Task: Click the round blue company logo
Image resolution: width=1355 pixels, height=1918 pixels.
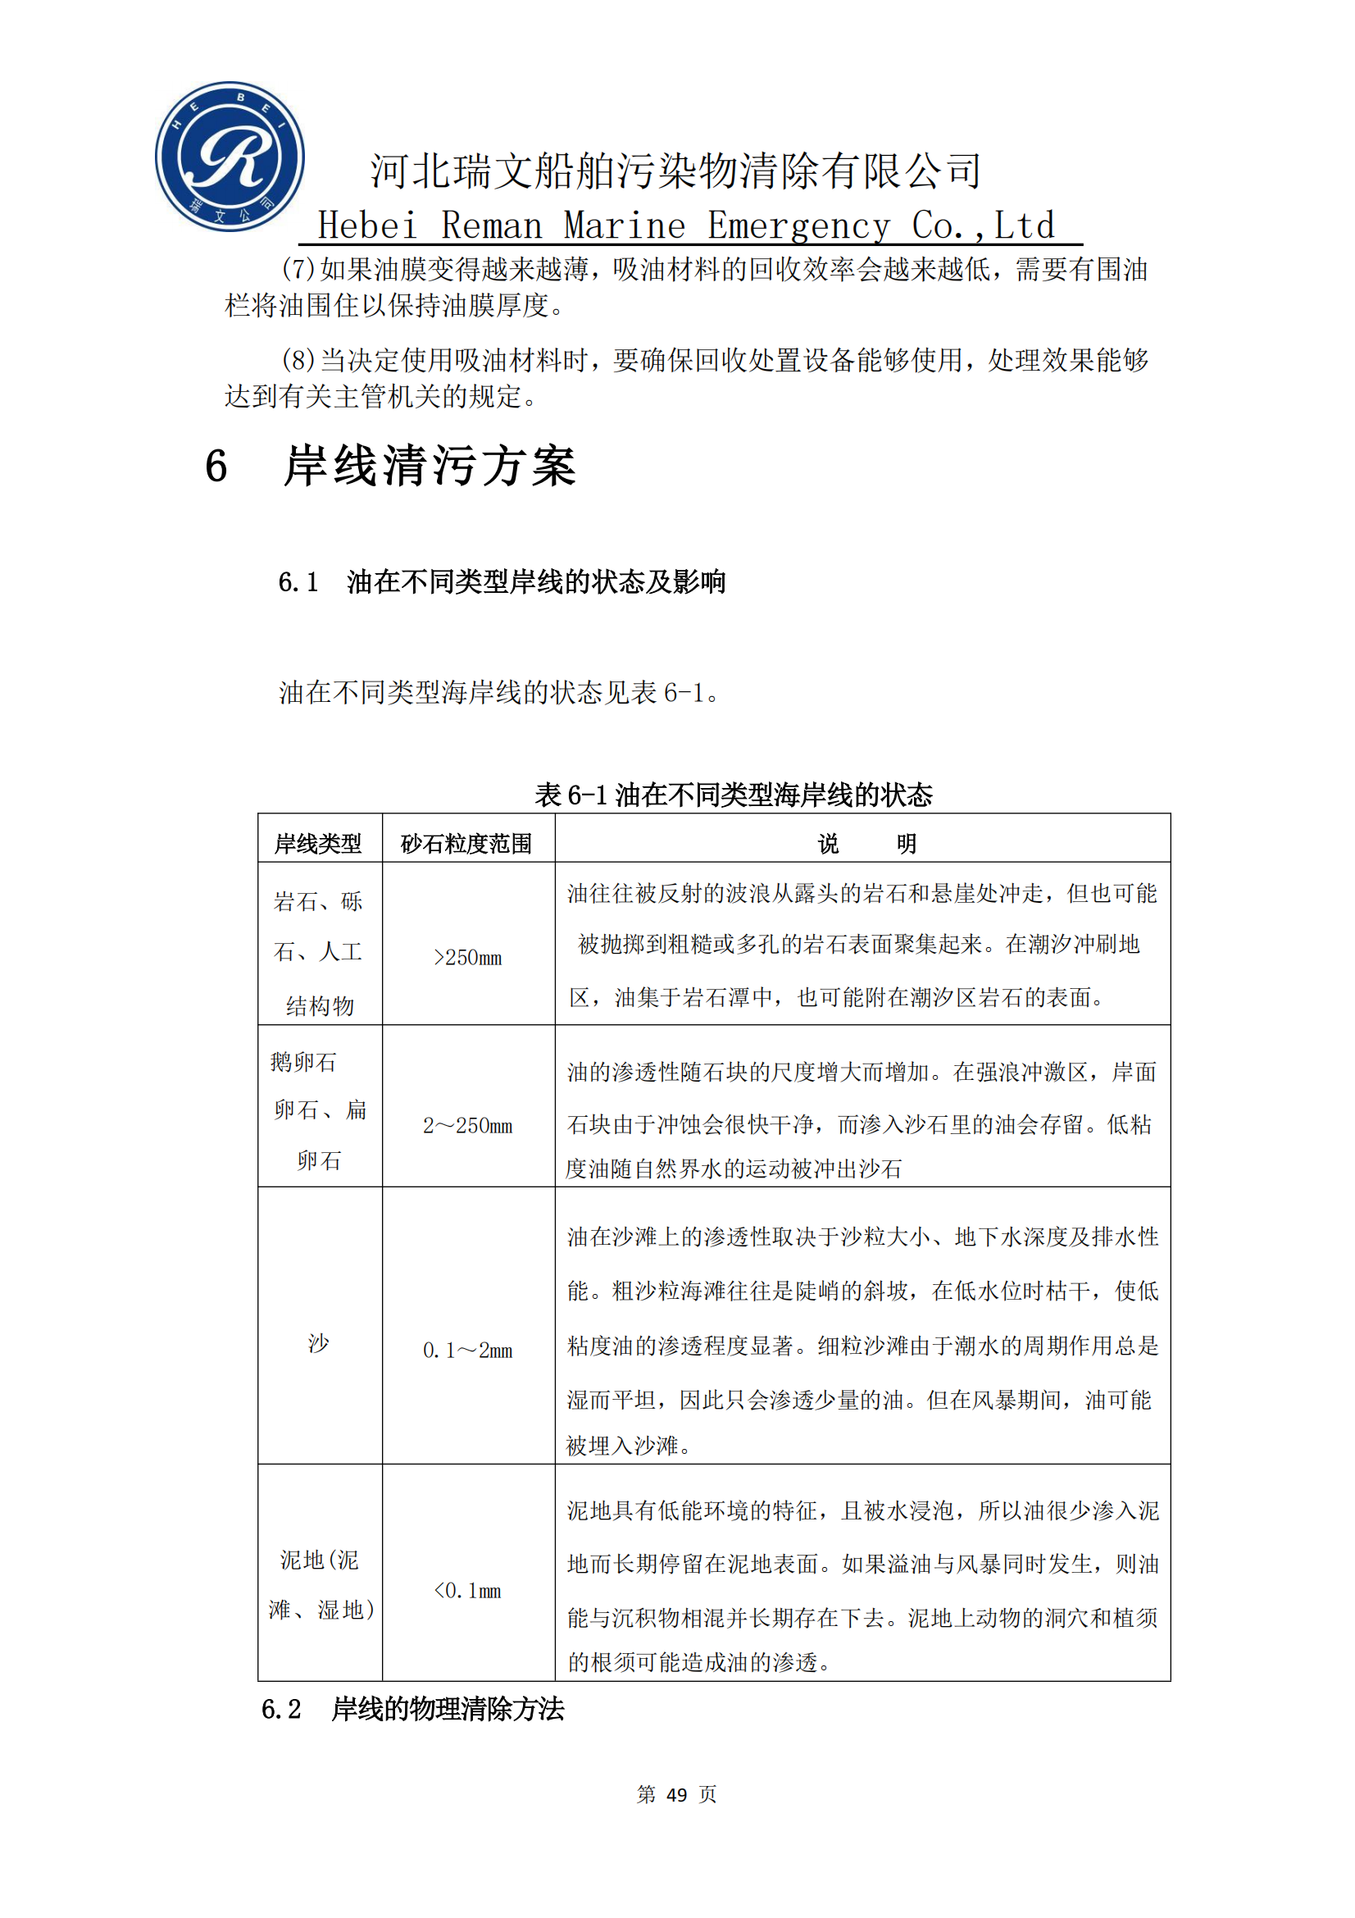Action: pyautogui.click(x=230, y=157)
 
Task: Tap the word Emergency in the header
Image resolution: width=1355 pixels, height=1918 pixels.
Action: pyautogui.click(x=798, y=226)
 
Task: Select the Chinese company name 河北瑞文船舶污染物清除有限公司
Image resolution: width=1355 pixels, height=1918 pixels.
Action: pyautogui.click(x=675, y=171)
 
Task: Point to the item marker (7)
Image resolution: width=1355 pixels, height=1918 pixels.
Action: pyautogui.click(x=298, y=269)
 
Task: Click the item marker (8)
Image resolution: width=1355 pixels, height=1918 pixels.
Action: pyautogui.click(x=298, y=360)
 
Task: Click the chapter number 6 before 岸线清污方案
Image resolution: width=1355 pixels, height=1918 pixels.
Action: pyautogui.click(x=216, y=466)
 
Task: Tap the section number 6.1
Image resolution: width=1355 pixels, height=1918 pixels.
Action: pyautogui.click(x=298, y=581)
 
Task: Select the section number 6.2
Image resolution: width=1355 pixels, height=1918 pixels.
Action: pyautogui.click(x=281, y=1709)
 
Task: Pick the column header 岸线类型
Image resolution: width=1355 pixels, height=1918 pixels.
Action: pyautogui.click(x=318, y=844)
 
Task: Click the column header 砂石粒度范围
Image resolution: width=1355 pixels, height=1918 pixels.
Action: pyautogui.click(x=466, y=844)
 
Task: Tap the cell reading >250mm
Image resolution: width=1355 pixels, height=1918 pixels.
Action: pyautogui.click(x=467, y=957)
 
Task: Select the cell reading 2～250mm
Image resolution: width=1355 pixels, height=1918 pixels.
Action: pyautogui.click(x=467, y=1125)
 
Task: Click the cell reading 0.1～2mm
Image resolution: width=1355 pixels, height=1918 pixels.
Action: pyautogui.click(x=467, y=1350)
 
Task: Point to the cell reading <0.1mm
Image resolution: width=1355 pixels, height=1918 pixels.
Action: pyautogui.click(x=467, y=1590)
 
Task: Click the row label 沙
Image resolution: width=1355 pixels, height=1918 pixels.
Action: pyautogui.click(x=318, y=1342)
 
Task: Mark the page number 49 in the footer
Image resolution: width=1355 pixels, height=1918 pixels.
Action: pyautogui.click(x=676, y=1794)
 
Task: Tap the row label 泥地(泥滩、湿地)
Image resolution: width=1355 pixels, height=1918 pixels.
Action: pyautogui.click(x=320, y=1585)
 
